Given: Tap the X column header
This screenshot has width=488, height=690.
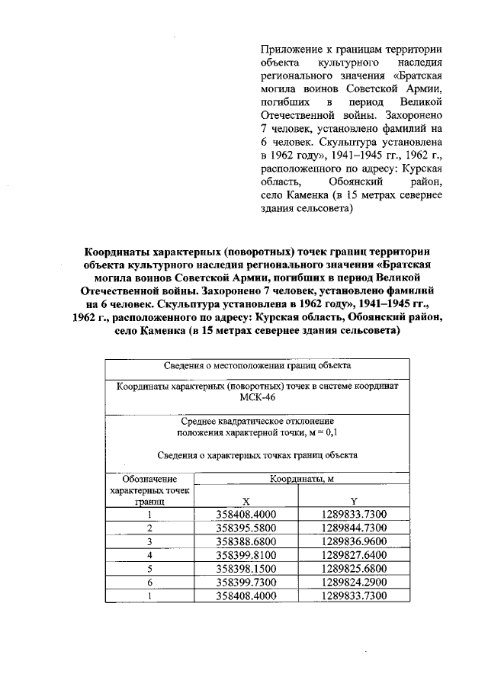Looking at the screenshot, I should click(x=246, y=501).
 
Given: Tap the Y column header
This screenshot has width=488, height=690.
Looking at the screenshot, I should click(x=353, y=501).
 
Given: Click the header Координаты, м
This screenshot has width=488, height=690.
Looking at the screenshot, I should click(x=299, y=479).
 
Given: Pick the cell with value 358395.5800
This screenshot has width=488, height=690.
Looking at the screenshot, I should click(x=246, y=528).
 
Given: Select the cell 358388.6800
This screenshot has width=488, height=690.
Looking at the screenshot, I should click(x=246, y=541).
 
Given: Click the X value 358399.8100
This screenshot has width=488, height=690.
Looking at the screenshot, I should click(x=246, y=555).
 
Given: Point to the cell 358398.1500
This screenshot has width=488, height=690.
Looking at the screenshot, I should click(x=246, y=569).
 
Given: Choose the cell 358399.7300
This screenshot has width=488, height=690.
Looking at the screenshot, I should click(x=246, y=582).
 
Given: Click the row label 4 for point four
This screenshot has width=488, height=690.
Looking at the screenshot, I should click(x=149, y=555).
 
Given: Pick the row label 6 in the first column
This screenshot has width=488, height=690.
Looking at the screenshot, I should click(x=149, y=582).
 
